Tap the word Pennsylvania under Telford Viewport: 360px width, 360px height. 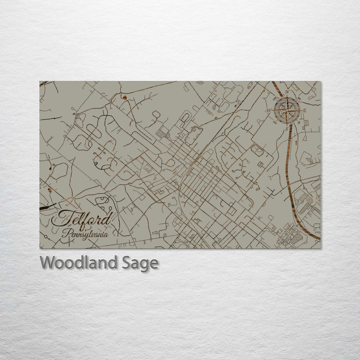85,234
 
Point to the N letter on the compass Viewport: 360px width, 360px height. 287,92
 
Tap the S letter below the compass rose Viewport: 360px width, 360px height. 286,128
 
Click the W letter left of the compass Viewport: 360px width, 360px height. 269,110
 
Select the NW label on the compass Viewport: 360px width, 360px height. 275,98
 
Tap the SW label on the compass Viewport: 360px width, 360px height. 275,122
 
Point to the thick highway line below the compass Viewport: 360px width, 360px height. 290,160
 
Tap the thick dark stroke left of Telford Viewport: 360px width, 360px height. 44,208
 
